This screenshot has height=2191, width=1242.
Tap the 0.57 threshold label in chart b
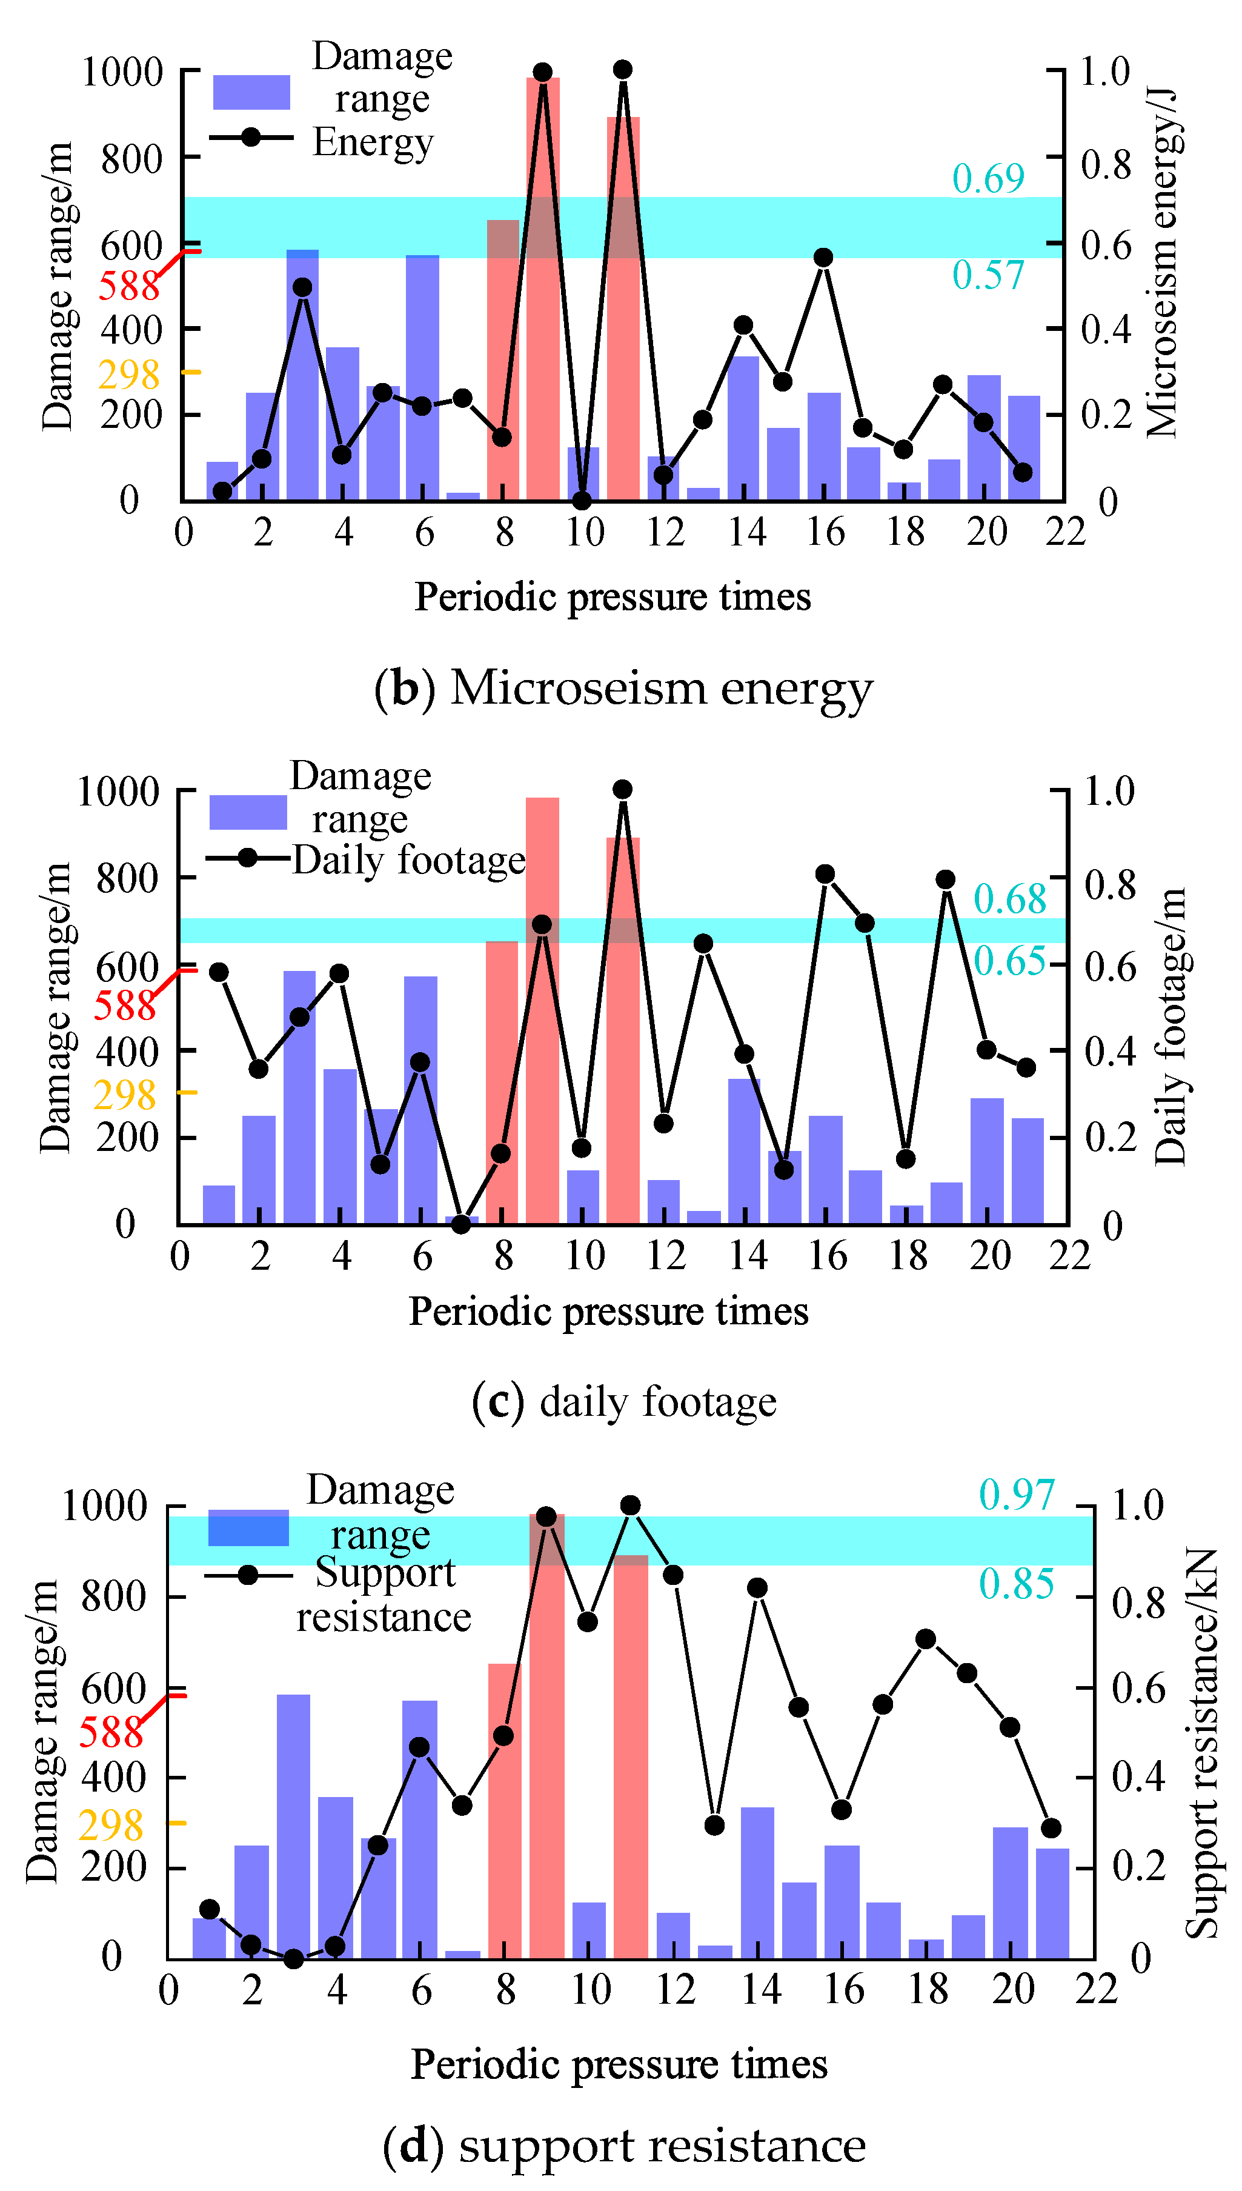click(988, 276)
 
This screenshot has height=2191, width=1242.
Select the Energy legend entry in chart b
click(373, 142)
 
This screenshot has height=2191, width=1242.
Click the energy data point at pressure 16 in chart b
click(822, 258)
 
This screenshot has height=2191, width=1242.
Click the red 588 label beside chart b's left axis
click(129, 287)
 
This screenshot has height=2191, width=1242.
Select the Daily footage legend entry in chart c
click(408, 860)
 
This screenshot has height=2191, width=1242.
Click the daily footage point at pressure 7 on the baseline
click(462, 1224)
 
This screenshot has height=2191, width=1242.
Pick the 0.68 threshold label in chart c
click(1010, 900)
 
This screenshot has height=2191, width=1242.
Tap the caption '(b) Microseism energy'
click(623, 688)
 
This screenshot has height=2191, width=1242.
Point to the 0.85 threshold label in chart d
click(1016, 1584)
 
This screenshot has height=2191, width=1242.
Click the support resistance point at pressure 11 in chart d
click(630, 1505)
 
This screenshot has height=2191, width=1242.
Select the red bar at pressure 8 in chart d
click(504, 1809)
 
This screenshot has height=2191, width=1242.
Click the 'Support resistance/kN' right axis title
click(1203, 1742)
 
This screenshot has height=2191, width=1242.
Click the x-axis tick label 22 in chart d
click(1095, 1990)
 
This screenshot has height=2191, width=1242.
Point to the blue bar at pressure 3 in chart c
click(299, 1096)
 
